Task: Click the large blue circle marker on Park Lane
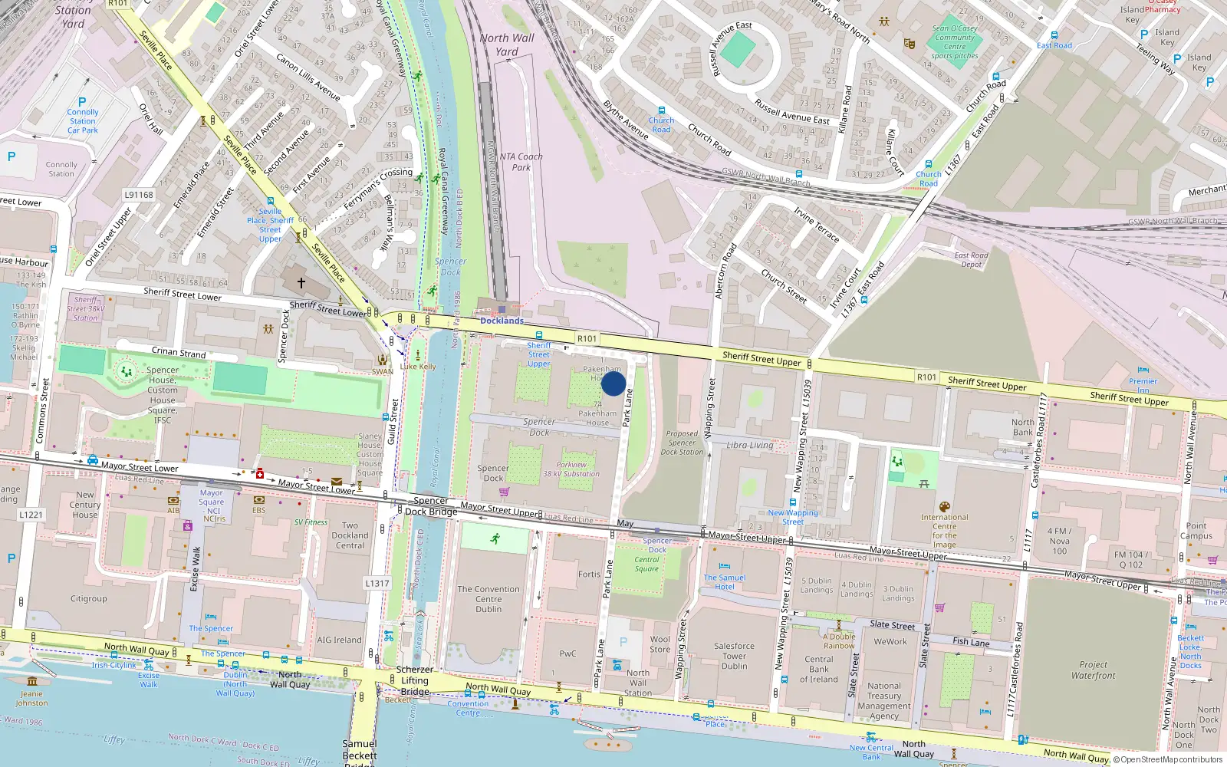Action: click(613, 383)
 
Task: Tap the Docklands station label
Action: click(502, 321)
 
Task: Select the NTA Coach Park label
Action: click(521, 162)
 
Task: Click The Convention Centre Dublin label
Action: click(488, 599)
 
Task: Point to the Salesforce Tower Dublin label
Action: click(734, 656)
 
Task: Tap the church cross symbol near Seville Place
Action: click(301, 283)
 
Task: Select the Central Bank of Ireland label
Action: click(819, 669)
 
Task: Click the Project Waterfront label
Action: click(1093, 670)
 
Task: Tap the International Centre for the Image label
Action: click(944, 531)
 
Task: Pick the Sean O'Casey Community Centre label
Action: click(955, 42)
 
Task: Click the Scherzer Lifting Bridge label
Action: click(415, 680)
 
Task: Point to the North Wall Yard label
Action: click(507, 44)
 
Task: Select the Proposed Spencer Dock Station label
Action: click(682, 443)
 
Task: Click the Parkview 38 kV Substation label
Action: click(571, 469)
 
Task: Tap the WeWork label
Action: click(890, 642)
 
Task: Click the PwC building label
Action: click(567, 653)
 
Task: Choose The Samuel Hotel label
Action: click(725, 582)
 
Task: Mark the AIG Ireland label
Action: click(339, 640)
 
